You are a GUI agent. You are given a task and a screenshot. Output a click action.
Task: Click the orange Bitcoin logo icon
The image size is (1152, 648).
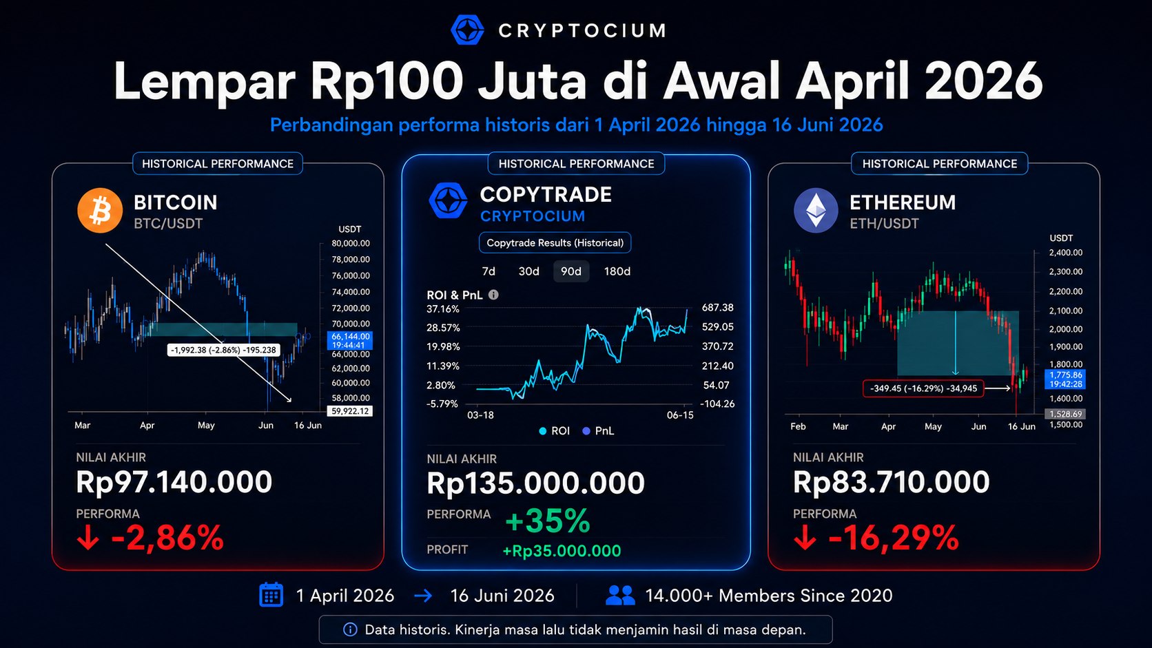pos(100,211)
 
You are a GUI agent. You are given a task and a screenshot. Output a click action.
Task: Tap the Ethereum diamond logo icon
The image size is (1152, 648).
pos(816,211)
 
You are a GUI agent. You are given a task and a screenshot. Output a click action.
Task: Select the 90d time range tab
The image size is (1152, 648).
pos(571,271)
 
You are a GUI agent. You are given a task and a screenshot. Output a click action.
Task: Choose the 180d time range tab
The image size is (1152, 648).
pos(617,271)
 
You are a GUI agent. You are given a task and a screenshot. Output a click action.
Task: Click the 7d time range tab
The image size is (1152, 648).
pos(488,271)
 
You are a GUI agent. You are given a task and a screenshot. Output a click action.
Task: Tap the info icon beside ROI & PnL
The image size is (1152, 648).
pos(493,295)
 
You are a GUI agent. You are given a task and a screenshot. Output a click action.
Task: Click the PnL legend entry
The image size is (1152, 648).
pos(598,431)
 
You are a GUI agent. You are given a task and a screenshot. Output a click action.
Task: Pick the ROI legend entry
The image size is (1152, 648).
pos(555,431)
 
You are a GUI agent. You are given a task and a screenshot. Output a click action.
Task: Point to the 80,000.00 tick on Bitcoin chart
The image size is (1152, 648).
pos(351,243)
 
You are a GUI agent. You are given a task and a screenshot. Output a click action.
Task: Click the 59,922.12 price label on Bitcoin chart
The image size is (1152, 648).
pos(350,411)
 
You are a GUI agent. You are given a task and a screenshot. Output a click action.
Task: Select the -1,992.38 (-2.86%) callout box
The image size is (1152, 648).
pos(223,350)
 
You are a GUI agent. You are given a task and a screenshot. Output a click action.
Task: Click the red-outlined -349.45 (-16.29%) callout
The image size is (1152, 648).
pos(923,388)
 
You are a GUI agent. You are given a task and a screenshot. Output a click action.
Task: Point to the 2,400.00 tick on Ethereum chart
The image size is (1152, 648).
pos(1066,253)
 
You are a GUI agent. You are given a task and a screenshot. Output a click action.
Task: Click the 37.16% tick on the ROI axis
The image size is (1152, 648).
pos(443,309)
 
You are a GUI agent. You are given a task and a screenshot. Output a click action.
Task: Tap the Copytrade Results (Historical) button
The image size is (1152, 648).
pos(555,242)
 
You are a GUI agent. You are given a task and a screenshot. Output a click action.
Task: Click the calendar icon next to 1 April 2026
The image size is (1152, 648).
pos(271,595)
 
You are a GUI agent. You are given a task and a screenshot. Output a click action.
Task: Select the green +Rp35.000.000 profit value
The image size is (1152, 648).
pos(562,551)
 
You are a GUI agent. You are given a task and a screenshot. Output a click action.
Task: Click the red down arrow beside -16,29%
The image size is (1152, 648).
pos(805,538)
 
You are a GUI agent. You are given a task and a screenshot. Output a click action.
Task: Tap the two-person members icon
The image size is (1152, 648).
pos(620,595)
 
